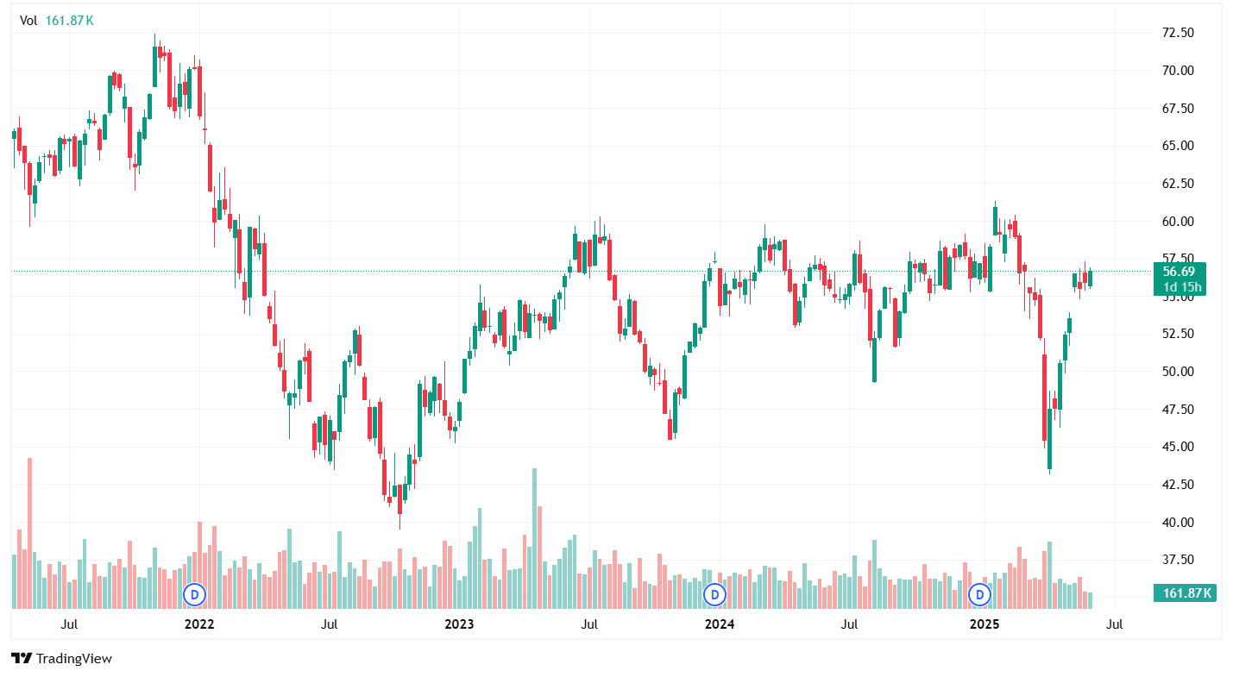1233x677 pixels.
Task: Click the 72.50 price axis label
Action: (x=1178, y=33)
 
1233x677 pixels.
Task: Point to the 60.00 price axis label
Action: (x=1178, y=222)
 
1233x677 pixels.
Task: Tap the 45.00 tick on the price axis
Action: (x=1178, y=447)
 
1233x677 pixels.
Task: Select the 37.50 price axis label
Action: (x=1178, y=560)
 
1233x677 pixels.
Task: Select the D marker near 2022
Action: (x=195, y=593)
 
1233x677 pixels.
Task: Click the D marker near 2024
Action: (x=714, y=593)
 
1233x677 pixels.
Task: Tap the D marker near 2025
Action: (x=979, y=593)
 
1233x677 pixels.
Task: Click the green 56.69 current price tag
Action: (x=1181, y=271)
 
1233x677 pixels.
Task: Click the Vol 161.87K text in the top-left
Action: (x=57, y=21)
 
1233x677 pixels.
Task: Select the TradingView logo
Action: (x=62, y=658)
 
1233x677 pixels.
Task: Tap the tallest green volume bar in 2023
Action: (x=535, y=535)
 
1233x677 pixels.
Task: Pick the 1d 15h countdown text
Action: (x=1181, y=287)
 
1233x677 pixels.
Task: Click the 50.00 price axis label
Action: (x=1178, y=372)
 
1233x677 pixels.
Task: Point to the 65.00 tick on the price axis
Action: (x=1178, y=146)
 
